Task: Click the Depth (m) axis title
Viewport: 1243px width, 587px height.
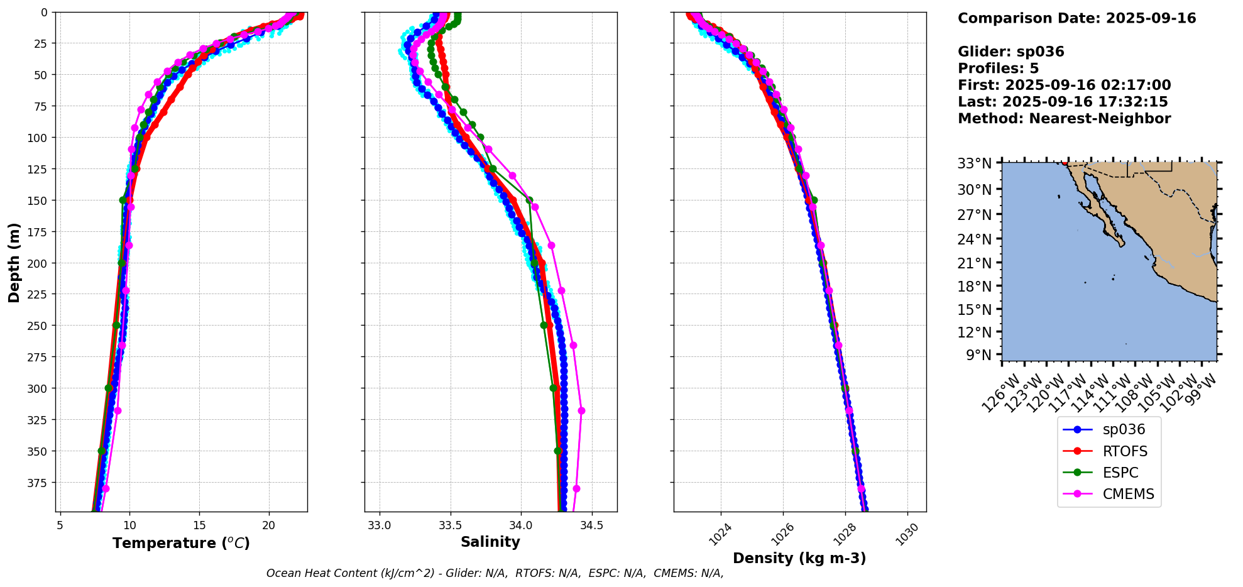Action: click(x=14, y=262)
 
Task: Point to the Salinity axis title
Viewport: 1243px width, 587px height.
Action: click(x=490, y=542)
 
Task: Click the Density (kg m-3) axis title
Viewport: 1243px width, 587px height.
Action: click(x=799, y=558)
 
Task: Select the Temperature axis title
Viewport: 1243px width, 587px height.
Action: click(x=181, y=543)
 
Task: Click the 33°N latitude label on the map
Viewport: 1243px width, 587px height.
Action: click(x=974, y=163)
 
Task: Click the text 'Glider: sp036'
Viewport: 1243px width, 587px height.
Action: click(x=1010, y=52)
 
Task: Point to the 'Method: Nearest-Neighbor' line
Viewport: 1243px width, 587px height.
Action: click(x=1064, y=119)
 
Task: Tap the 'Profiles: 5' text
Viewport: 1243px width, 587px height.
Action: click(x=998, y=69)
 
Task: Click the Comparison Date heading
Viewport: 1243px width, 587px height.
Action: click(x=1076, y=18)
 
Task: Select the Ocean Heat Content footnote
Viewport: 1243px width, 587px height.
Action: click(x=495, y=573)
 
